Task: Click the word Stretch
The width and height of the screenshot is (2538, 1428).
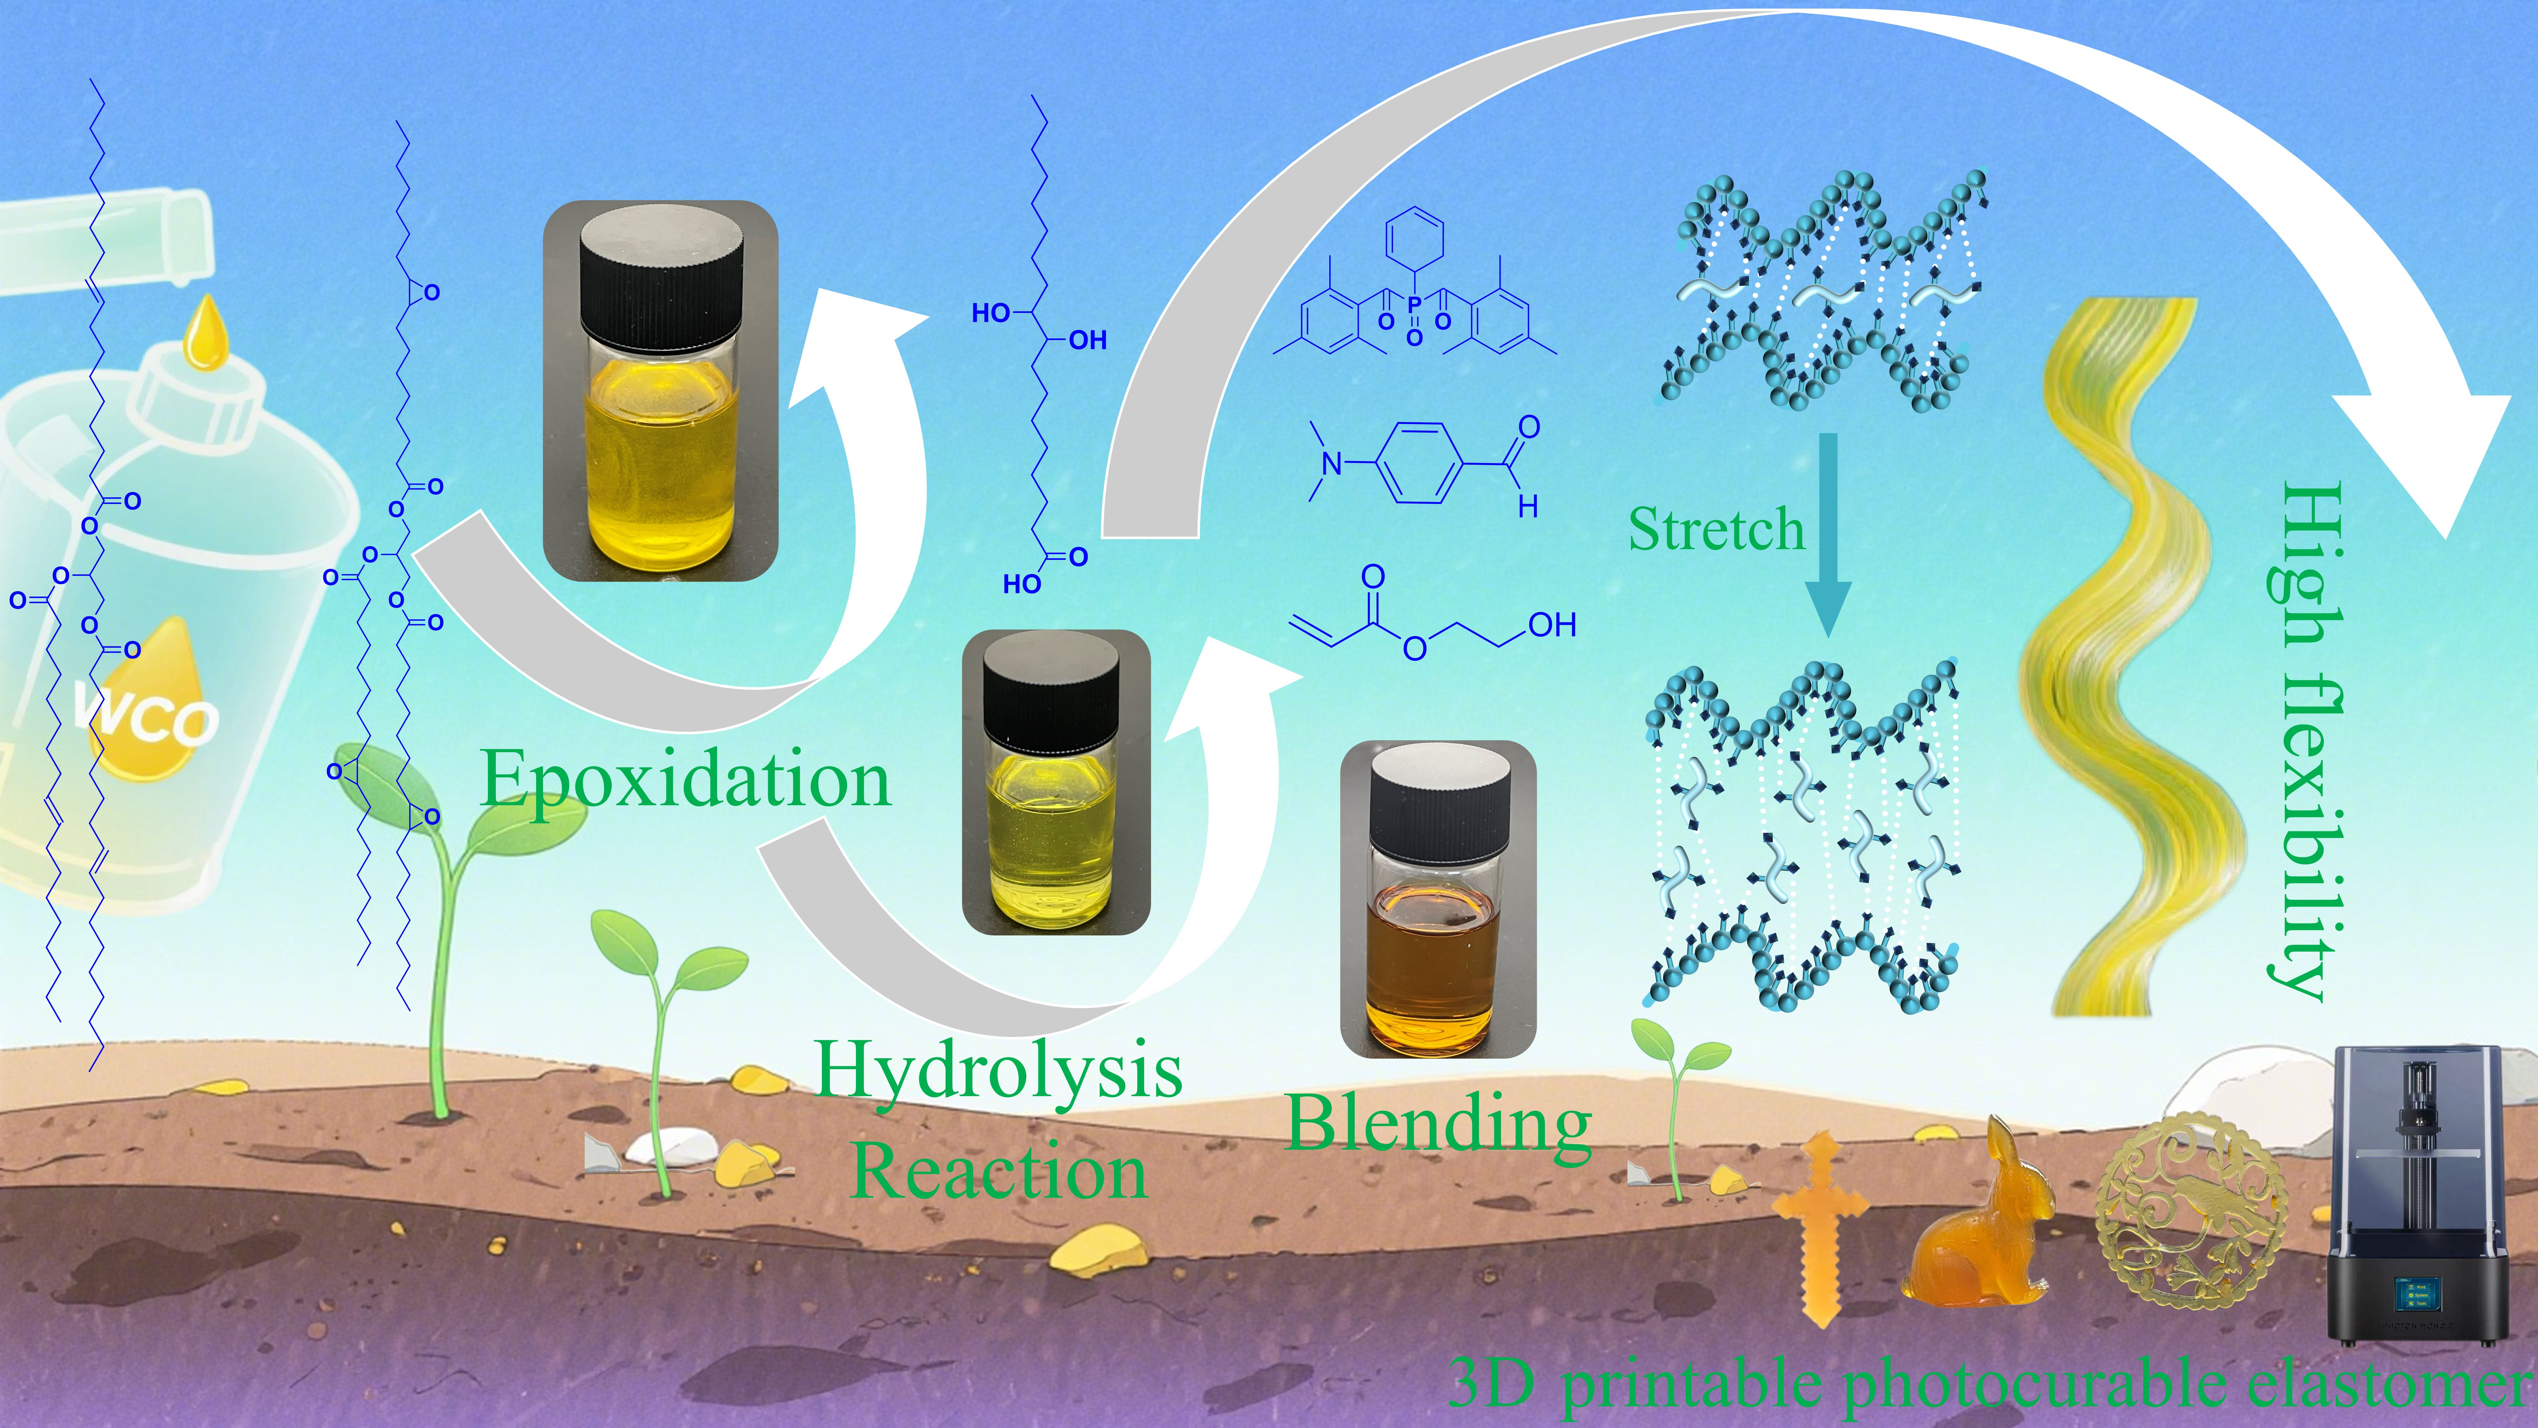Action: (x=1715, y=530)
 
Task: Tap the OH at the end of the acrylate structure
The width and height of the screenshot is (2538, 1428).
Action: (x=1552, y=625)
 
